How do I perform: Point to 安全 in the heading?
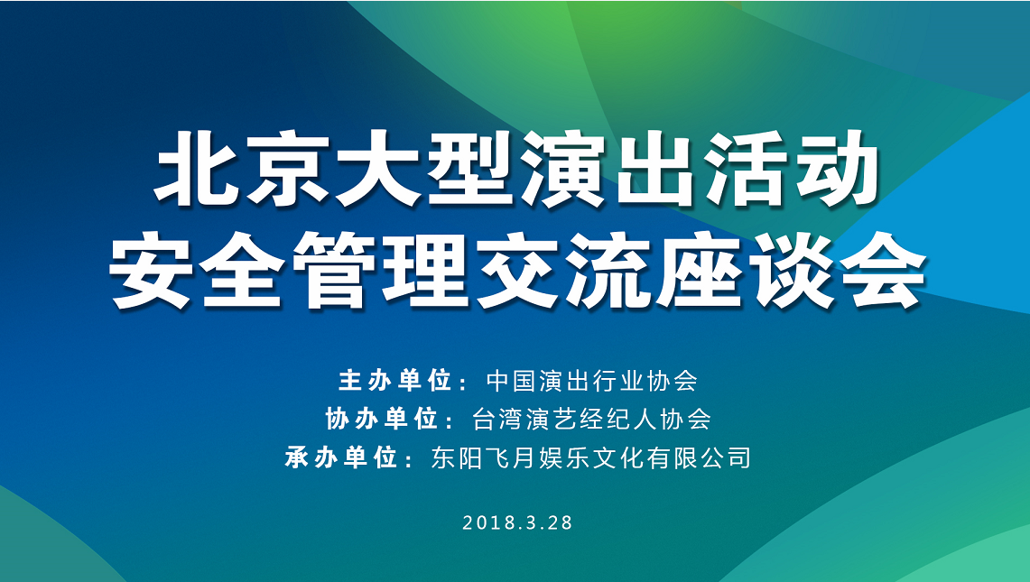point(197,271)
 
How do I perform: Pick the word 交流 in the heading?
point(562,271)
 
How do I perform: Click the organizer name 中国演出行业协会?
point(591,381)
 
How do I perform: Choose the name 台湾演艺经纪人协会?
point(591,419)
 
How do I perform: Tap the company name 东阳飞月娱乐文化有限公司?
point(590,457)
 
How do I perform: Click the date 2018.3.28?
point(517,522)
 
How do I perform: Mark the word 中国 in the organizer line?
point(512,381)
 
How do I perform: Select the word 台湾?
point(498,419)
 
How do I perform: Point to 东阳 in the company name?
point(457,457)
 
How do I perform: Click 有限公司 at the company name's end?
point(699,457)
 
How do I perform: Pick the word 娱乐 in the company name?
point(564,457)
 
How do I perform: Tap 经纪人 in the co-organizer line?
point(618,419)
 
